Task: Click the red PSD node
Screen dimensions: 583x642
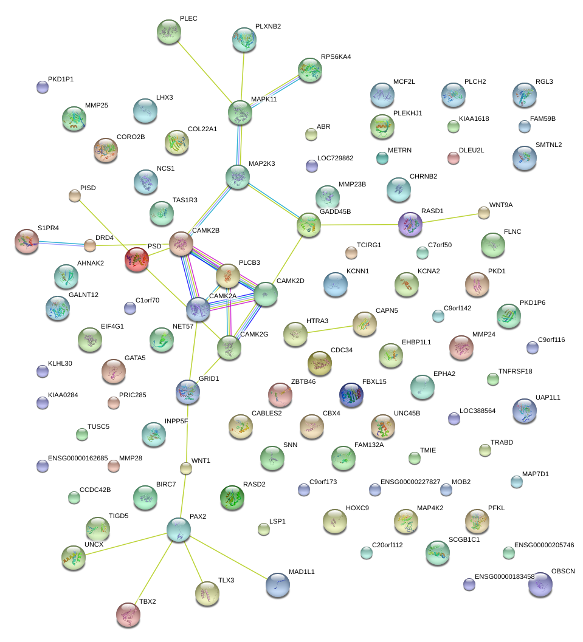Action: coord(137,259)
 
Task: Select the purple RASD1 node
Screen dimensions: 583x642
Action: coord(410,224)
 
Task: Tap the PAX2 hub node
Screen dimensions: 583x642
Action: coord(179,530)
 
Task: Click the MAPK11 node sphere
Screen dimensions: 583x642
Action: coord(240,112)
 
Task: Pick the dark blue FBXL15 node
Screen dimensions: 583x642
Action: coord(351,395)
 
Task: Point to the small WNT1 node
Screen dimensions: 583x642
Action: coord(186,468)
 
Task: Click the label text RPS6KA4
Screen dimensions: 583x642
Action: coord(336,57)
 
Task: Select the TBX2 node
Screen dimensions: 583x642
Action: coord(128,615)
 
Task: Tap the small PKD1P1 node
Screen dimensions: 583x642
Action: coord(43,87)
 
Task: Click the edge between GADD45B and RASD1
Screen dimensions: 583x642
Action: coord(359,225)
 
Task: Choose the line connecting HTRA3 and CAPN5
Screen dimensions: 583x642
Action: coord(330,329)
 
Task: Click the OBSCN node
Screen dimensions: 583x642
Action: coord(540,585)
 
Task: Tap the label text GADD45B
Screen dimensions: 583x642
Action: coord(335,212)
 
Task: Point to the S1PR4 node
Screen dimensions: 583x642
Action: coord(27,242)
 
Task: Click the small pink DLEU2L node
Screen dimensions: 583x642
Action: coord(454,158)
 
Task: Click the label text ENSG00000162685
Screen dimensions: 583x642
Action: coord(78,458)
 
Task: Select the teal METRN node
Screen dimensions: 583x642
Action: coord(382,158)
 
